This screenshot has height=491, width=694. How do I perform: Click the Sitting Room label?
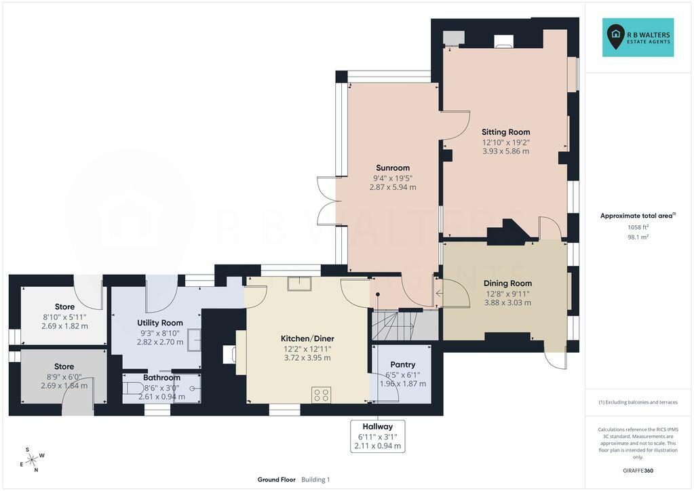point(505,132)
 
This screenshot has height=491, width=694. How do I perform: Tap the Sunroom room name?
point(393,168)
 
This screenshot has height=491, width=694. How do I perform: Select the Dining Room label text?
point(507,283)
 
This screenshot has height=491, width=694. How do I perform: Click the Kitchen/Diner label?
point(307,338)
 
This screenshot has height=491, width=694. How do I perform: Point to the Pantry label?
point(403,364)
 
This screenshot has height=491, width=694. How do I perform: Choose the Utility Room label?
point(160,323)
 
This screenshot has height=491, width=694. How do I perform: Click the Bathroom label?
point(161,378)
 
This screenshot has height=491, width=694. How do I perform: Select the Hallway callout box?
point(378,436)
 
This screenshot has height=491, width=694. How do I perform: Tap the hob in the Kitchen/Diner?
point(322,395)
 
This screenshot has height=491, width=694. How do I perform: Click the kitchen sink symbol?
point(299,283)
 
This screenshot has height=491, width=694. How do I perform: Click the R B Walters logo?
point(638,37)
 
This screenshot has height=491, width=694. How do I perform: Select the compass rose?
point(33,460)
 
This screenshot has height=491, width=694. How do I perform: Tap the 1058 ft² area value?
point(638,227)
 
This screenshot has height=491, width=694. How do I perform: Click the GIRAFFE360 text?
point(638,471)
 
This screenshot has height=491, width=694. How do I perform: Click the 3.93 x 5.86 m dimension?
point(505,151)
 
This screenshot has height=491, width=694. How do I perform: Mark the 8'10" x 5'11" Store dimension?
point(64,317)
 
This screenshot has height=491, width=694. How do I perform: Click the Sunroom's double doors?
point(326,201)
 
